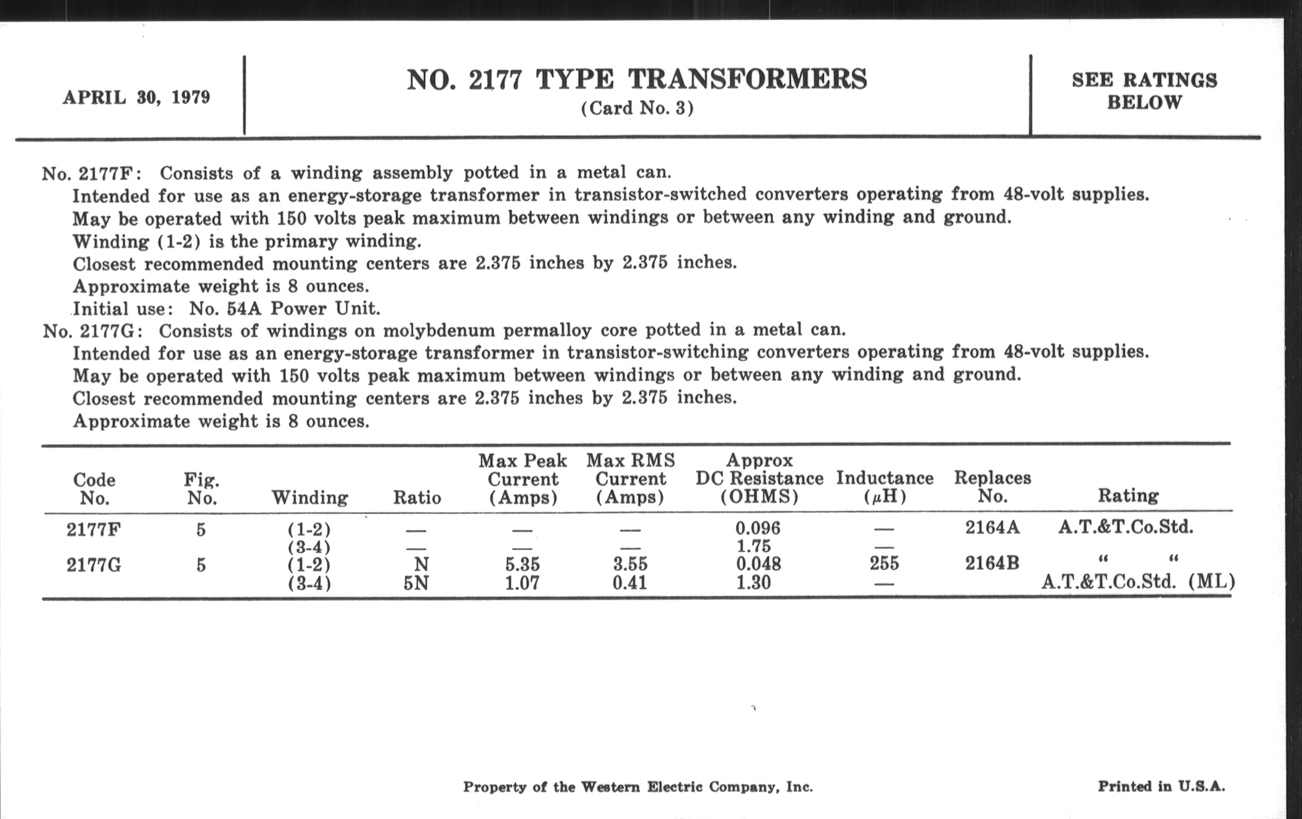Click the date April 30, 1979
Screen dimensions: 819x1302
coord(137,97)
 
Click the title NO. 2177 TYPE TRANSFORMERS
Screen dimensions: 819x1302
coord(637,79)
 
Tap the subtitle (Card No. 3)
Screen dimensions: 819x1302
coord(637,108)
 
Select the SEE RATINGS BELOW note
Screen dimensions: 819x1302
coord(1145,91)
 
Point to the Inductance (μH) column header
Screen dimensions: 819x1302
coord(884,487)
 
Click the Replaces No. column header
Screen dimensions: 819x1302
coord(992,487)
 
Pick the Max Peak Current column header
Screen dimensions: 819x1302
coord(523,479)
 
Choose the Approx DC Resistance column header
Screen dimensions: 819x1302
coord(759,479)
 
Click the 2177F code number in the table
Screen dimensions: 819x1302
coord(94,529)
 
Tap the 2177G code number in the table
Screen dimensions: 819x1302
coord(94,565)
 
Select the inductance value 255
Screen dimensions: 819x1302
coord(884,564)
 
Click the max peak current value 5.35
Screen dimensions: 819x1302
coord(523,564)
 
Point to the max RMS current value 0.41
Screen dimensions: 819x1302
coord(630,583)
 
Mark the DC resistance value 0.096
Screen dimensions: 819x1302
coord(758,528)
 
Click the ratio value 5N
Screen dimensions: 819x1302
coord(417,583)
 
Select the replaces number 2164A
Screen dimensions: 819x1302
coord(993,527)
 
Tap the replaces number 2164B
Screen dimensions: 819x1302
coord(992,564)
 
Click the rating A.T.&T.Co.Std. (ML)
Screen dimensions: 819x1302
coord(1138,582)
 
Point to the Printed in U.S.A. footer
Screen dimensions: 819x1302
coord(1161,786)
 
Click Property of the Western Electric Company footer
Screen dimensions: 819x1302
coord(638,786)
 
